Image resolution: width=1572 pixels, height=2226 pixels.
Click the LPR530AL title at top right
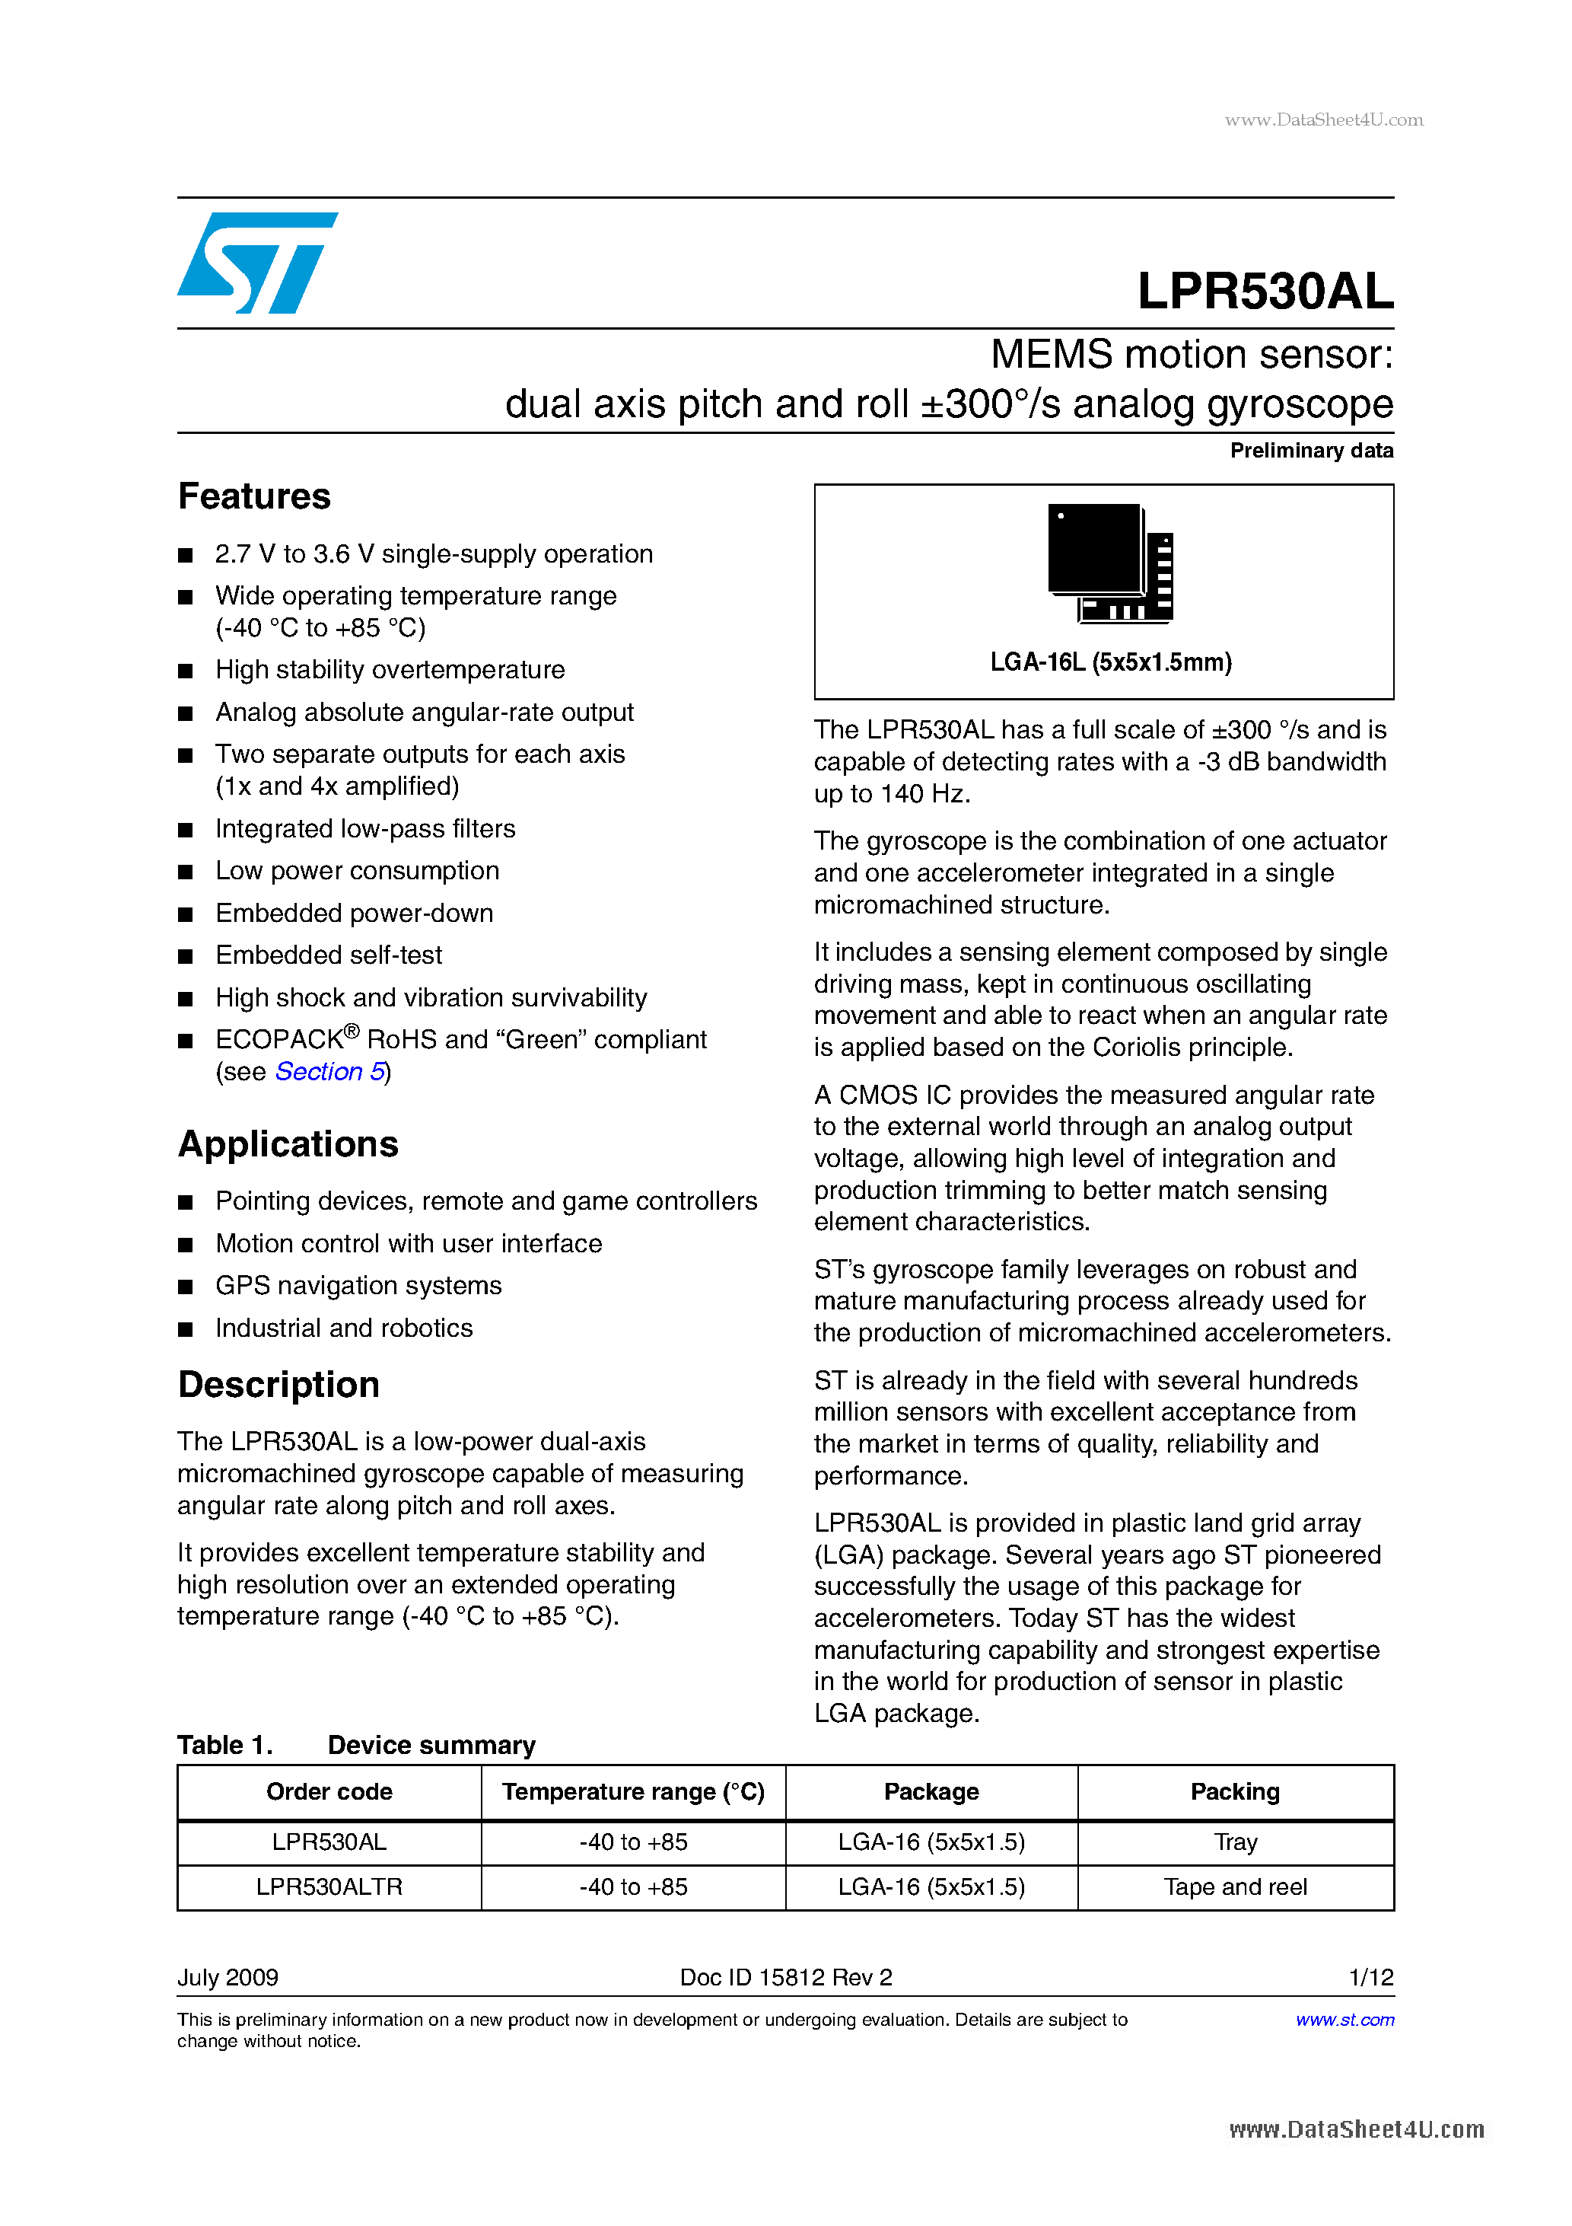(1265, 291)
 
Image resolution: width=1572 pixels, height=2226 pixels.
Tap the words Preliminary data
(1310, 451)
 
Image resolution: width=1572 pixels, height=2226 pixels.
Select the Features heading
(254, 496)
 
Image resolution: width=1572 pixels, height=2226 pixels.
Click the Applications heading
(288, 1144)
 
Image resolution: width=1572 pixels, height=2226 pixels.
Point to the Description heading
(278, 1385)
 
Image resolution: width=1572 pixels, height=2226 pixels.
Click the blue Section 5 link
(330, 1071)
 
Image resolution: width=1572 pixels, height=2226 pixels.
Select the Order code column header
(329, 1791)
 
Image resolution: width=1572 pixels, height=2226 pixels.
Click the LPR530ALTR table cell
(329, 1886)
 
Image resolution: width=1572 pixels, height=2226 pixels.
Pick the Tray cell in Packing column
(1235, 1842)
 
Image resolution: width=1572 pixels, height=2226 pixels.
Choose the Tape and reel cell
(1235, 1886)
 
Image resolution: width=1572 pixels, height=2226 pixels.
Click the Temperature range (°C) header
(633, 1791)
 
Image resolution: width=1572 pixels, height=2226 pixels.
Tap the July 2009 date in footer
(228, 1977)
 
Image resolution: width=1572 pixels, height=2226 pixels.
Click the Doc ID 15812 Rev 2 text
(785, 1977)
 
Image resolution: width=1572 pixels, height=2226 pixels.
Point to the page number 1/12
(1370, 1977)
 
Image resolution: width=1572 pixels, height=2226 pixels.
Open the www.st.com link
(1344, 2020)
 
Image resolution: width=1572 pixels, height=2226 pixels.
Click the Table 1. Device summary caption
(355, 1745)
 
